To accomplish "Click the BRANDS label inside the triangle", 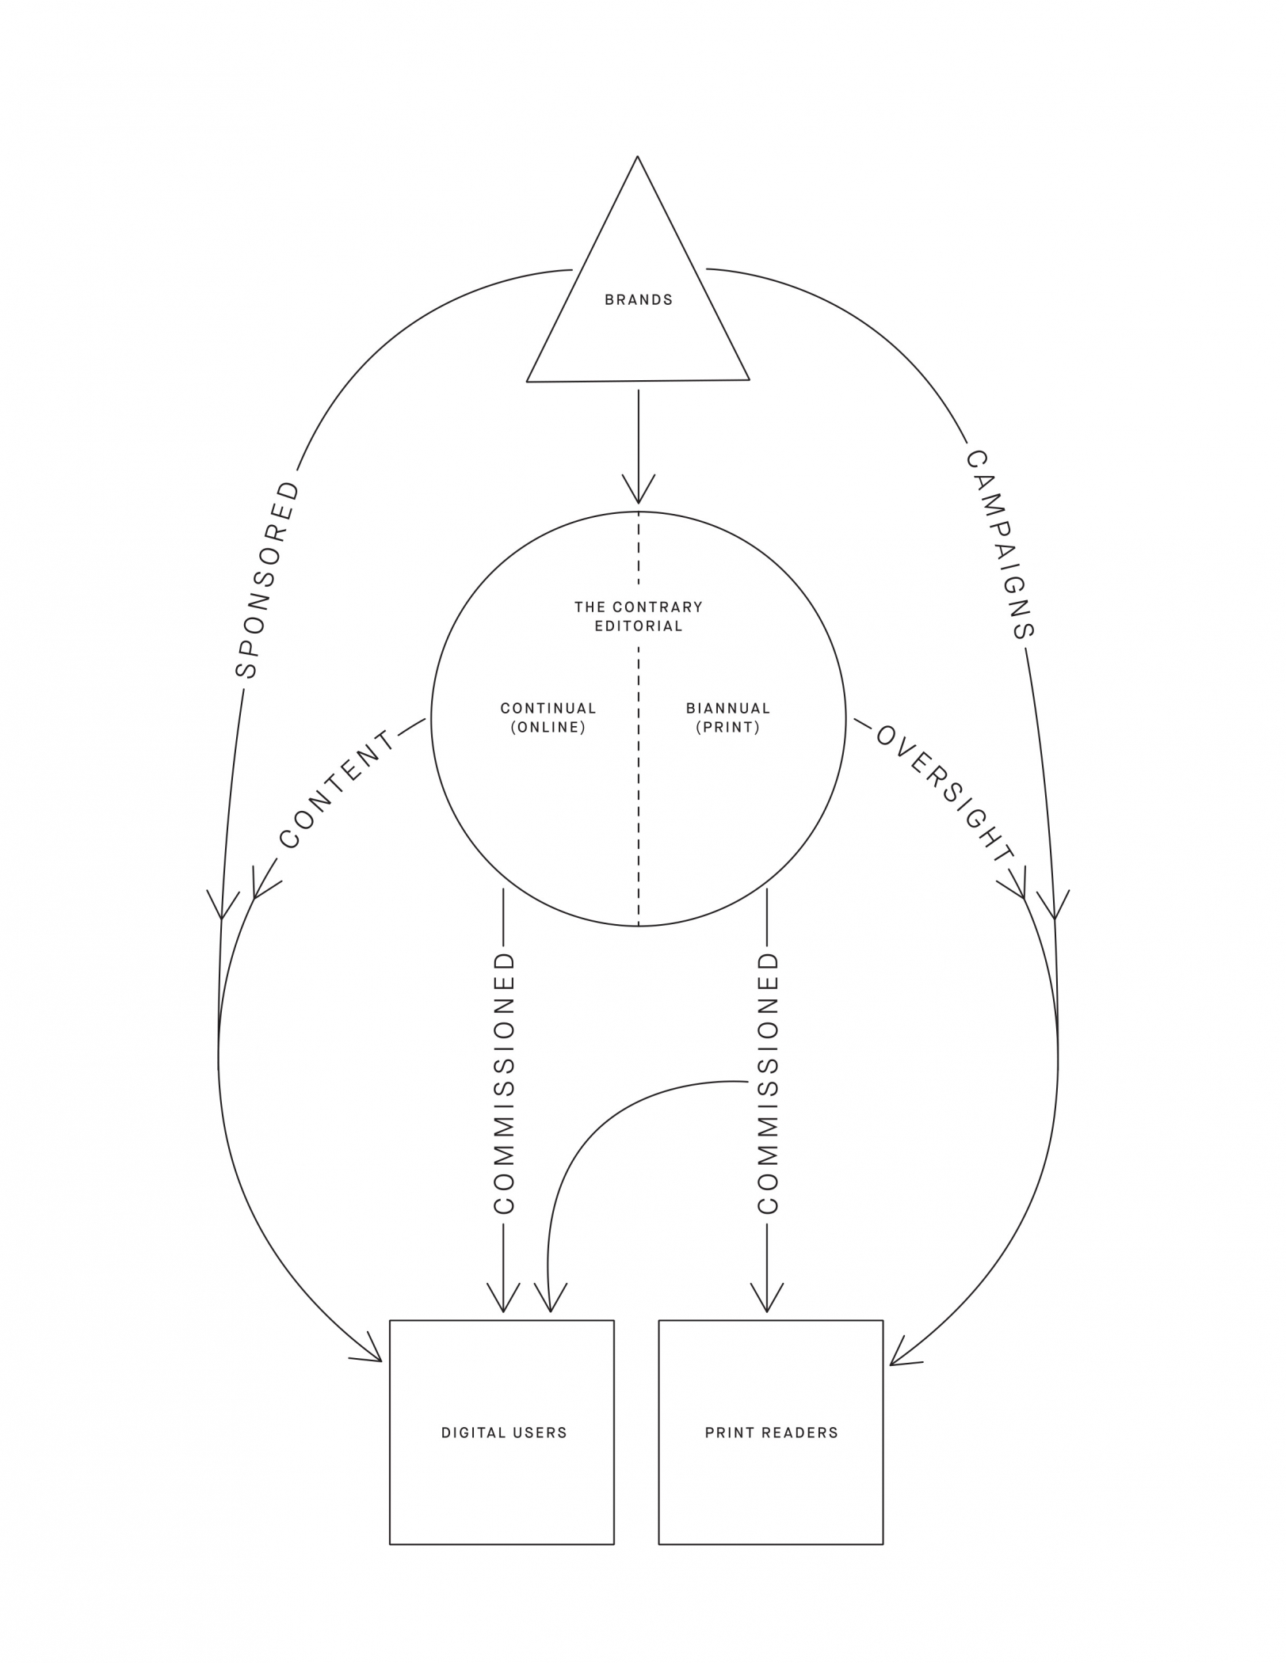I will (x=639, y=300).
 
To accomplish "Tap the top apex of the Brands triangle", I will (x=638, y=158).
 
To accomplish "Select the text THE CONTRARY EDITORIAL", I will (x=639, y=617).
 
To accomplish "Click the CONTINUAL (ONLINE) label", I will (x=548, y=718).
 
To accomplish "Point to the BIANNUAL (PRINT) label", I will (x=728, y=718).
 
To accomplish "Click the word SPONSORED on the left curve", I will (x=269, y=580).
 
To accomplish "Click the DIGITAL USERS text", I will (x=504, y=1433).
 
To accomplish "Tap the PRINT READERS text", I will (x=771, y=1433).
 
